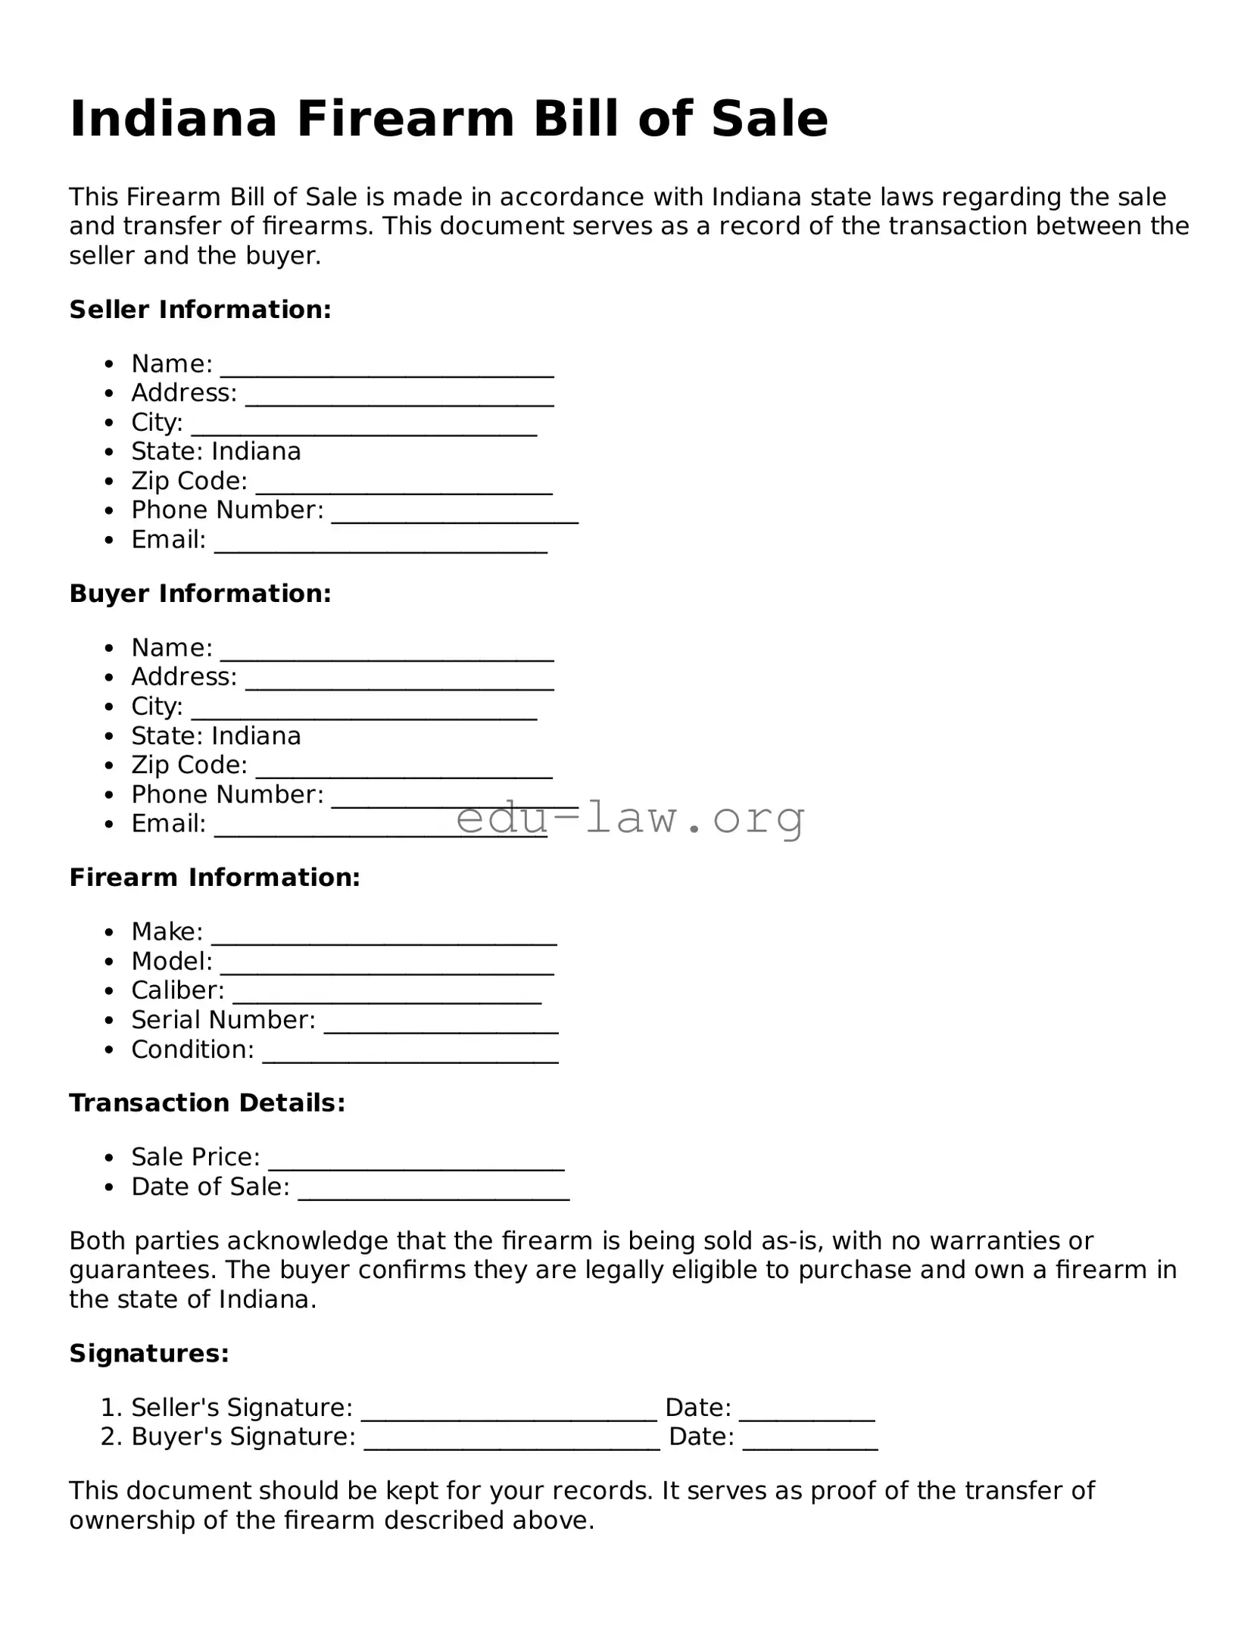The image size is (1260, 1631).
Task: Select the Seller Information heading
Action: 200,310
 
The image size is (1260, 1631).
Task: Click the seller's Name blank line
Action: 386,370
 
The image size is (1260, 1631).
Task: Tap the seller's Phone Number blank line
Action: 454,516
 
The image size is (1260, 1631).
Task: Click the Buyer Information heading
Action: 200,594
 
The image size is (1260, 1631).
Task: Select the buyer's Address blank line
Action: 399,683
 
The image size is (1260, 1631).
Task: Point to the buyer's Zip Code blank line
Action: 404,771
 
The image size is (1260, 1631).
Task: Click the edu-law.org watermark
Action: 630,818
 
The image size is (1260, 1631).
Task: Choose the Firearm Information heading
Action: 214,878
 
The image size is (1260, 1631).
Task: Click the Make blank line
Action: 384,937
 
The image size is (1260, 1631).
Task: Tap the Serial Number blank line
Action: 441,1026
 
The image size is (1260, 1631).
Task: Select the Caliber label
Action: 177,990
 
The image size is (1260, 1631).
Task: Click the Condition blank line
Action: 410,1056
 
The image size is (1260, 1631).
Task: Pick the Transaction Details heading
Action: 207,1103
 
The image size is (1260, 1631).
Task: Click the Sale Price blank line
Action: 416,1163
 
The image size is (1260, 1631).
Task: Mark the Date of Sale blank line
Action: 433,1193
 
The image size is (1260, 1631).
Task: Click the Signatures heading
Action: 148,1353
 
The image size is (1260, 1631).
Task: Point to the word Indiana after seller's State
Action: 256,452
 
